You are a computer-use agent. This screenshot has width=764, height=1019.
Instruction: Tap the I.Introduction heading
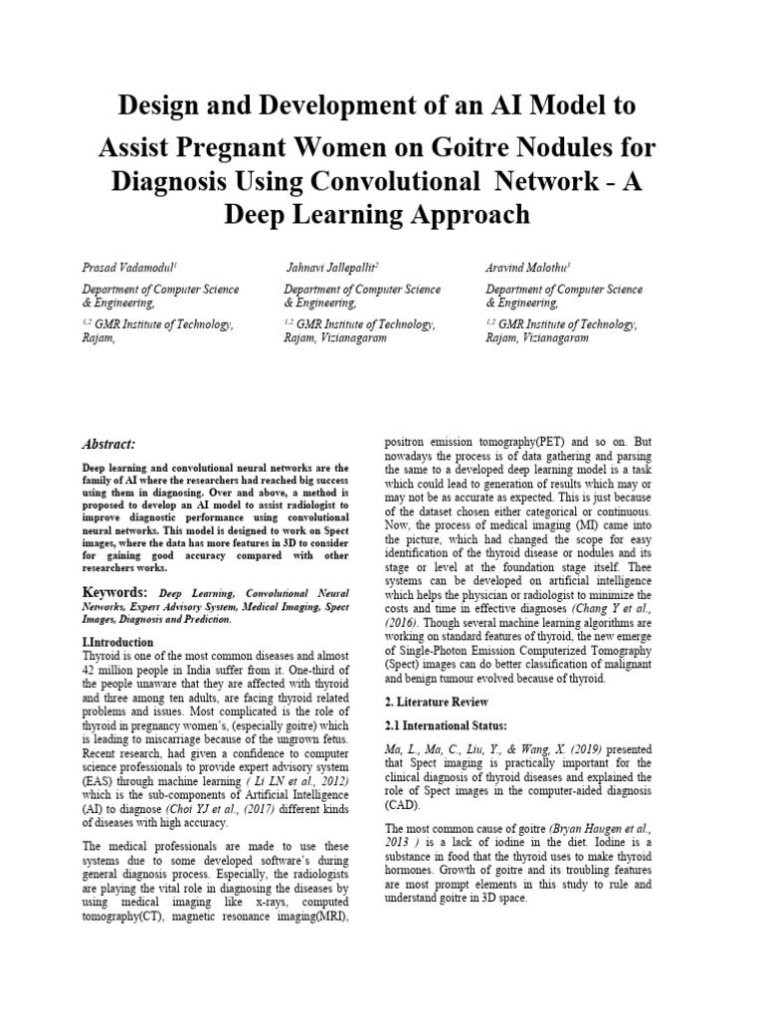[117, 643]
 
